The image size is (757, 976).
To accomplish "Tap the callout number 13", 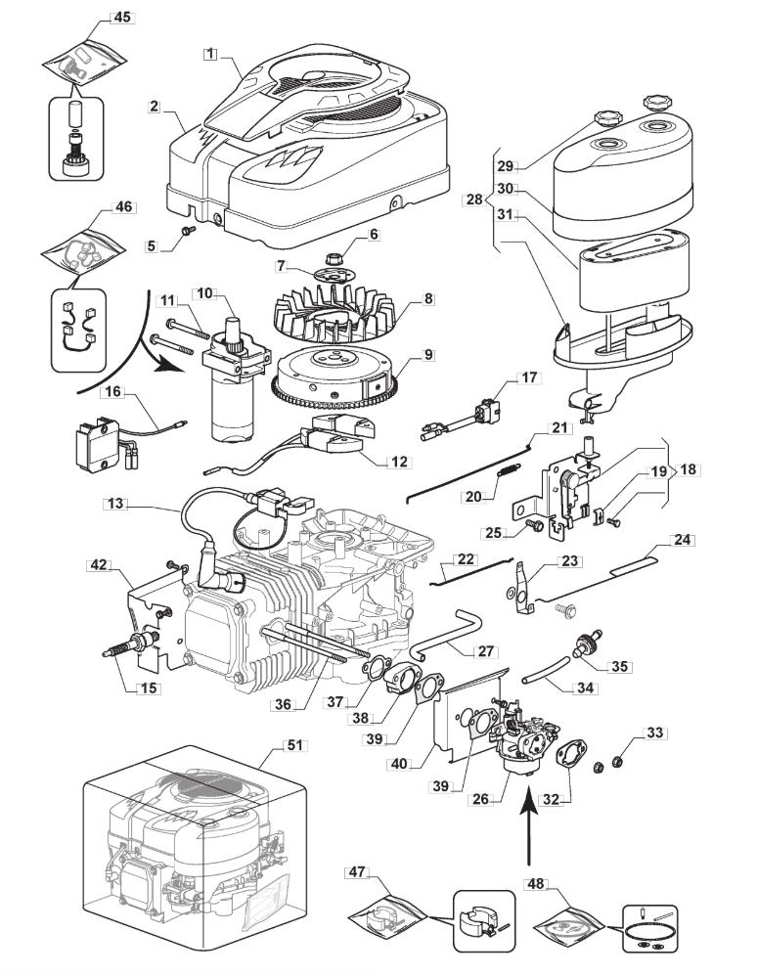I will coord(118,505).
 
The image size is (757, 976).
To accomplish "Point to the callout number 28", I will coord(474,199).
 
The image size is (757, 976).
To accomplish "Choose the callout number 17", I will coord(528,377).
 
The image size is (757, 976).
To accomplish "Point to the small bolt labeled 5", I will coord(187,231).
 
